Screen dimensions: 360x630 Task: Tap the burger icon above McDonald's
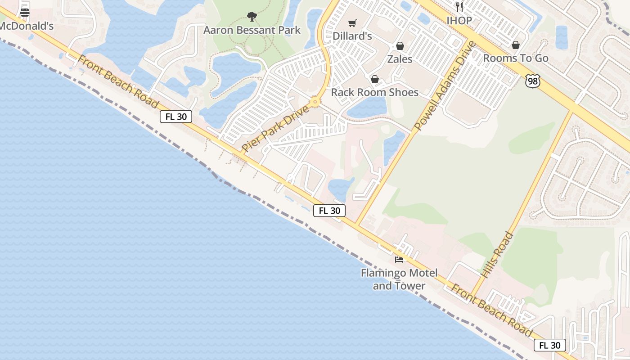point(25,13)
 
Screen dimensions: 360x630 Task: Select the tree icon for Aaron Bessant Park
point(252,17)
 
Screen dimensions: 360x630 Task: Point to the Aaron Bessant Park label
point(252,30)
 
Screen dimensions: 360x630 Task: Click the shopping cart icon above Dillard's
point(352,23)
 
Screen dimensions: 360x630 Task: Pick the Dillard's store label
point(352,36)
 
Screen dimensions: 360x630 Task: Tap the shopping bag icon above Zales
point(400,46)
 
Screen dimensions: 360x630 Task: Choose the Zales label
point(400,59)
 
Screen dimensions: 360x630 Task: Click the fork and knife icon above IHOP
point(459,7)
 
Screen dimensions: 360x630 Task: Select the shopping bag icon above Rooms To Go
point(516,45)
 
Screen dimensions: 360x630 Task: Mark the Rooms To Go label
point(516,58)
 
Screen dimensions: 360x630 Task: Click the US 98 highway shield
point(532,81)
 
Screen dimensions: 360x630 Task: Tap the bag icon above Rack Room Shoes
point(375,80)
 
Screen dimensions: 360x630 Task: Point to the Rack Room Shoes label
point(375,92)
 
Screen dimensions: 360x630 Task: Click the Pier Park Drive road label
point(275,129)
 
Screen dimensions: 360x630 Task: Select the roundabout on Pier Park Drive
point(315,102)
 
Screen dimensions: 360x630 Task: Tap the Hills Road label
point(497,254)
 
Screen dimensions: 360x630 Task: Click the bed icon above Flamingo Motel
point(399,259)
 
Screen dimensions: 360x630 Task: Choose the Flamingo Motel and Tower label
point(399,279)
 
